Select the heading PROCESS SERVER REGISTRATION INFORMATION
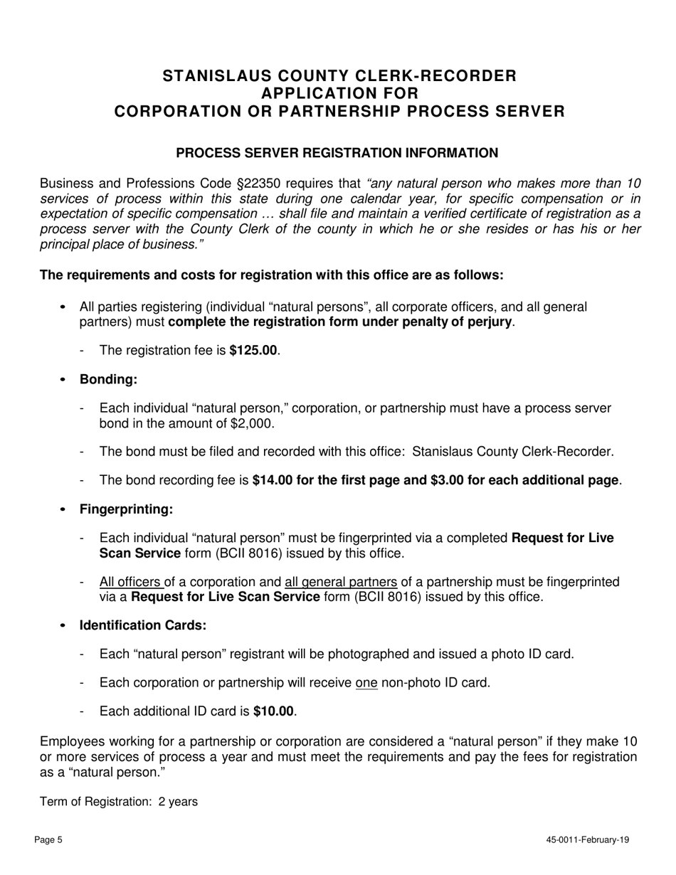[x=337, y=153]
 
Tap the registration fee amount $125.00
[x=253, y=350]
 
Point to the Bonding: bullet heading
[x=108, y=379]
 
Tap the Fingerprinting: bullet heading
[x=126, y=509]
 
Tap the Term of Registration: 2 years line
[x=119, y=802]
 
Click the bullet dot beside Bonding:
[x=64, y=380]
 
